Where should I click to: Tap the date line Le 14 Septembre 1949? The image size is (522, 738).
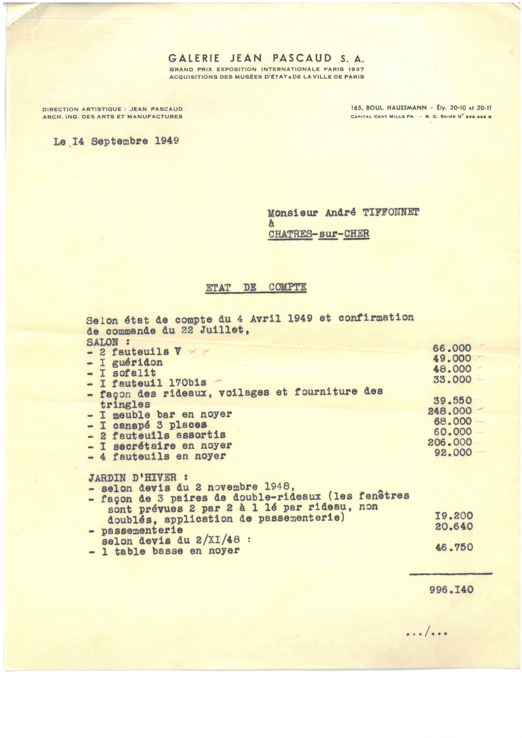pos(116,141)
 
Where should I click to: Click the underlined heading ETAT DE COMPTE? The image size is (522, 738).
pos(255,288)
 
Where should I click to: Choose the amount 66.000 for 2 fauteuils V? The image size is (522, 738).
pos(452,348)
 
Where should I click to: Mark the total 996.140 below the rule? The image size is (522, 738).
pos(452,589)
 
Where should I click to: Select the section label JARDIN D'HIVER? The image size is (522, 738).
pos(124,477)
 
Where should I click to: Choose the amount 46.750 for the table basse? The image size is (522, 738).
pos(454,547)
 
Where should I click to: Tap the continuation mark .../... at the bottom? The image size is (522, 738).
pos(426,632)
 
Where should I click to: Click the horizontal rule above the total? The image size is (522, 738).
pos(451,574)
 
